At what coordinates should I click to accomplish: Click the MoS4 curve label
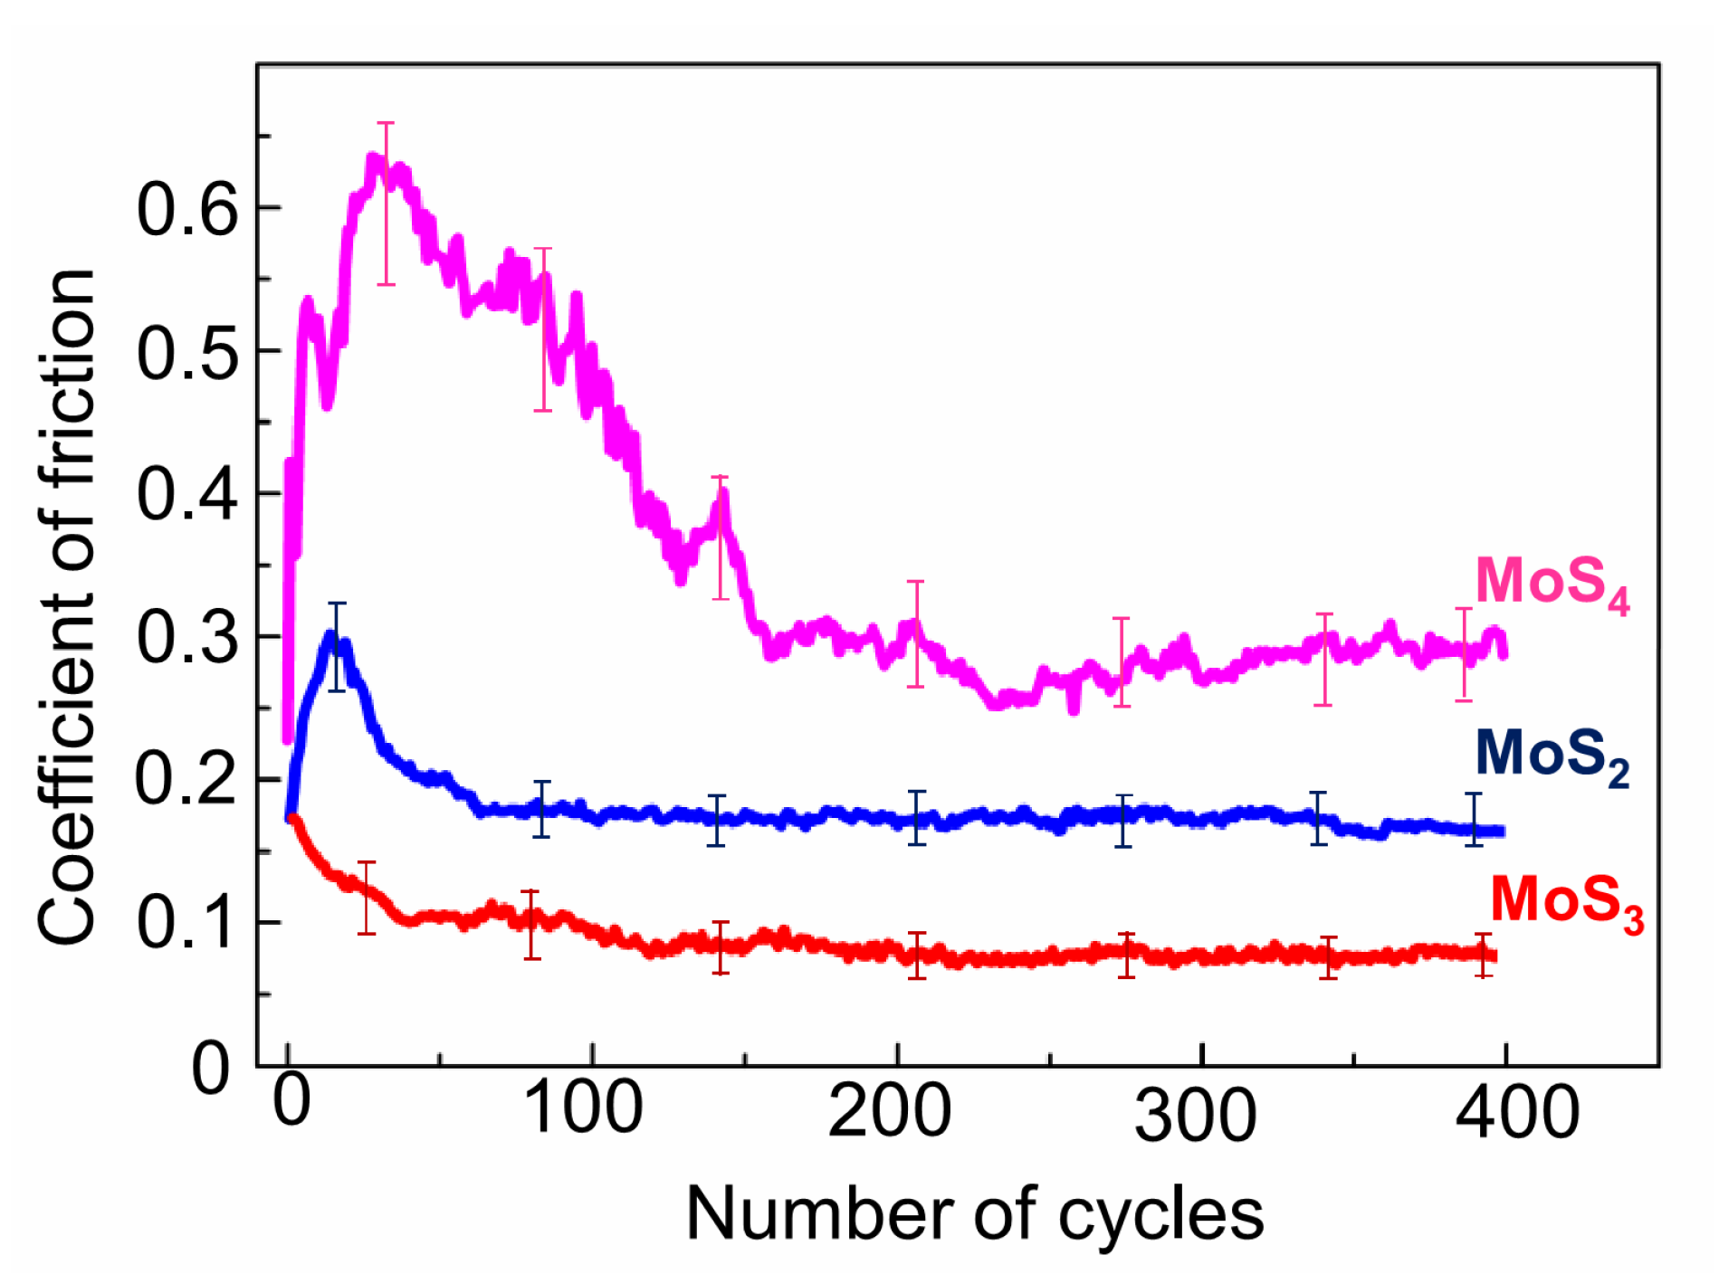[x=1552, y=584]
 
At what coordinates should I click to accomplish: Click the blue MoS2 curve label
[x=1552, y=756]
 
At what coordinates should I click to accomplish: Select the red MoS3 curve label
[x=1566, y=902]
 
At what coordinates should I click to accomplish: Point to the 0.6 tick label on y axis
[x=187, y=210]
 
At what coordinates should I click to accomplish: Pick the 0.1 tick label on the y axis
[x=187, y=924]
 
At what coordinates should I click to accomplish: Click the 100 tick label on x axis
[x=584, y=1109]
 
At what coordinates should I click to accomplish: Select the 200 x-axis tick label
[x=889, y=1111]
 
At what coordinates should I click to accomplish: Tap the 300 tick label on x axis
[x=1195, y=1115]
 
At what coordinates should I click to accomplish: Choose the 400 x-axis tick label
[x=1517, y=1111]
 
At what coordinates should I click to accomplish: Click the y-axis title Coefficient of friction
[x=67, y=606]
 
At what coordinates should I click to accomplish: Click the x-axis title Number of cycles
[x=974, y=1214]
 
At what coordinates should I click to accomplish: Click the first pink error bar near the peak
[x=387, y=204]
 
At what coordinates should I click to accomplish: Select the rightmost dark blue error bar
[x=1474, y=819]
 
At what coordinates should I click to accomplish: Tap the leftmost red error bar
[x=367, y=898]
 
